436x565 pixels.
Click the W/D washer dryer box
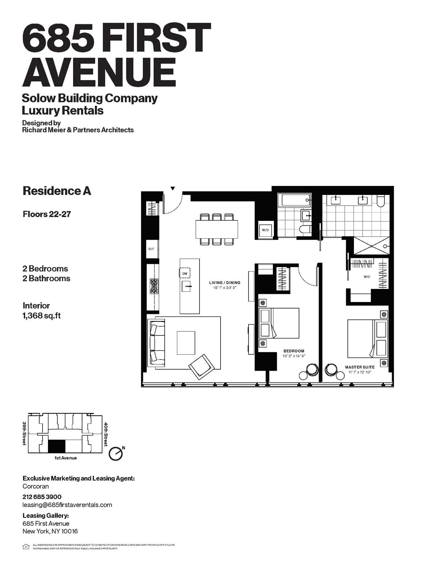(265, 230)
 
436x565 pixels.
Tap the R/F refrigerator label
(151, 249)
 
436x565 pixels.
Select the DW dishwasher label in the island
(185, 273)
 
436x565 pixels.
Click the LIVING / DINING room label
(225, 283)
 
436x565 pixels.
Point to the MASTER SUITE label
(359, 367)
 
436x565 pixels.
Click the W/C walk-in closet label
(367, 277)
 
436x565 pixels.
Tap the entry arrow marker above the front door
(173, 188)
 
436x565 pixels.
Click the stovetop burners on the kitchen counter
(154, 286)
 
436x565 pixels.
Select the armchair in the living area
(201, 365)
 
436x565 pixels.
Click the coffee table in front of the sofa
(186, 342)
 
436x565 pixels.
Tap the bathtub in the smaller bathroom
(292, 199)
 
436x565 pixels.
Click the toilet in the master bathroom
(381, 201)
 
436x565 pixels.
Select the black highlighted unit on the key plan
(56, 446)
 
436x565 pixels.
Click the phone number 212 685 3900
(42, 497)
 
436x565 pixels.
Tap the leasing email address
(67, 505)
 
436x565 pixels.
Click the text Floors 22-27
(47, 214)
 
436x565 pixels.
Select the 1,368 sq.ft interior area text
(41, 315)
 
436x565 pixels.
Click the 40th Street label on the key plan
(106, 434)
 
